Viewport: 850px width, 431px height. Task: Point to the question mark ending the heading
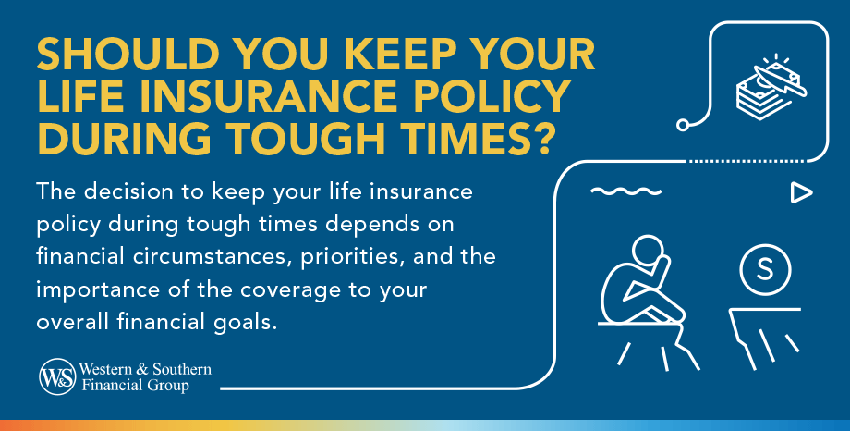click(x=542, y=138)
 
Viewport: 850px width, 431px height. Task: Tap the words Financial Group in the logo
click(x=140, y=386)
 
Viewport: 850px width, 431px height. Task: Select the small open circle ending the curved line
click(x=684, y=123)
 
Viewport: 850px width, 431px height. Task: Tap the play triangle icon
click(x=800, y=192)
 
